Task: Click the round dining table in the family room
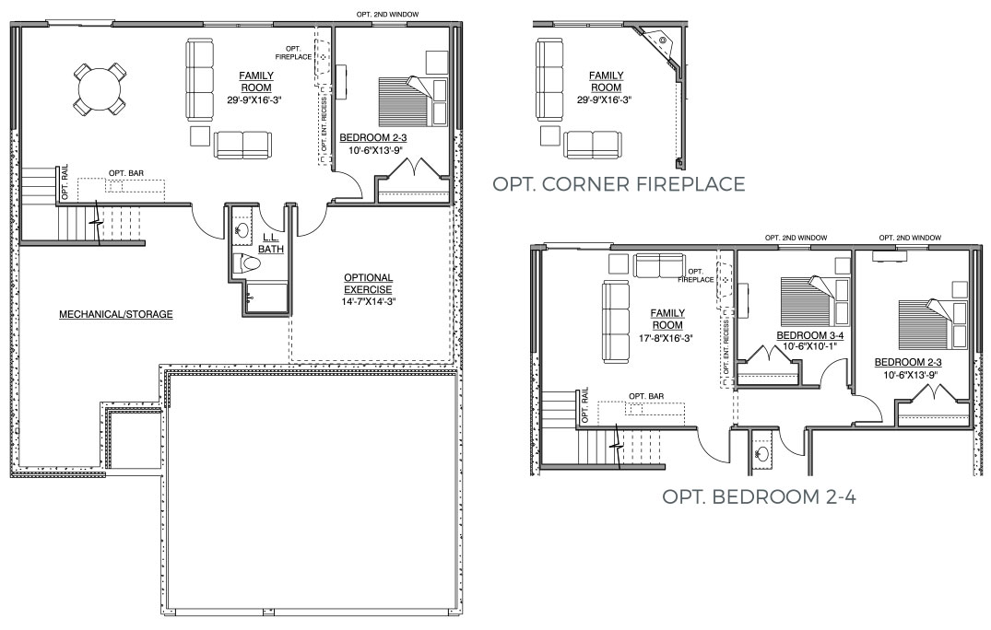99,87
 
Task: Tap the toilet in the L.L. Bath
246,262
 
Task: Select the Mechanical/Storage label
115,314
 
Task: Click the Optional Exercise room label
369,284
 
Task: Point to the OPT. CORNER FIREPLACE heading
619,183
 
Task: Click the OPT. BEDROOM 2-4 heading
759,496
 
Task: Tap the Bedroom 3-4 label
809,335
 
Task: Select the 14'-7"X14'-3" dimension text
369,302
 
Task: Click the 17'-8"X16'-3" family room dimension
667,338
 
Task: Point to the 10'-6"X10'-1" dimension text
809,346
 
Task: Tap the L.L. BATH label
270,244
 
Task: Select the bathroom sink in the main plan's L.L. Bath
241,229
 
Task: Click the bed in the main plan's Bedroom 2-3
412,101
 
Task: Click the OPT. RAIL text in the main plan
65,182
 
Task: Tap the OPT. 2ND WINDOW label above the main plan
387,14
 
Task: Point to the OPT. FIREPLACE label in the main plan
292,52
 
